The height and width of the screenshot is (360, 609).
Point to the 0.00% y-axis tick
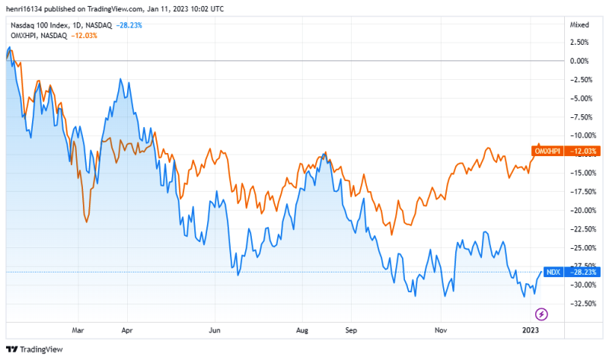click(x=579, y=60)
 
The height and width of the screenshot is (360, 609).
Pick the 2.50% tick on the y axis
click(x=579, y=42)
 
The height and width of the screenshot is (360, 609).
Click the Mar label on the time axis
click(x=78, y=331)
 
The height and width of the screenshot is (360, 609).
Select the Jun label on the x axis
click(x=215, y=331)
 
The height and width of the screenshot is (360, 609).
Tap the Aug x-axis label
click(x=302, y=331)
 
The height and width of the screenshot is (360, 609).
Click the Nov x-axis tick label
click(x=439, y=331)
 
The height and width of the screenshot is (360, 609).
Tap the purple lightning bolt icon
click(x=541, y=313)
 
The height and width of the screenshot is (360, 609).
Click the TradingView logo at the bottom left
click(x=36, y=349)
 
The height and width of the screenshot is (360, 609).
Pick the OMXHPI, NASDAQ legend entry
click(x=37, y=37)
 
